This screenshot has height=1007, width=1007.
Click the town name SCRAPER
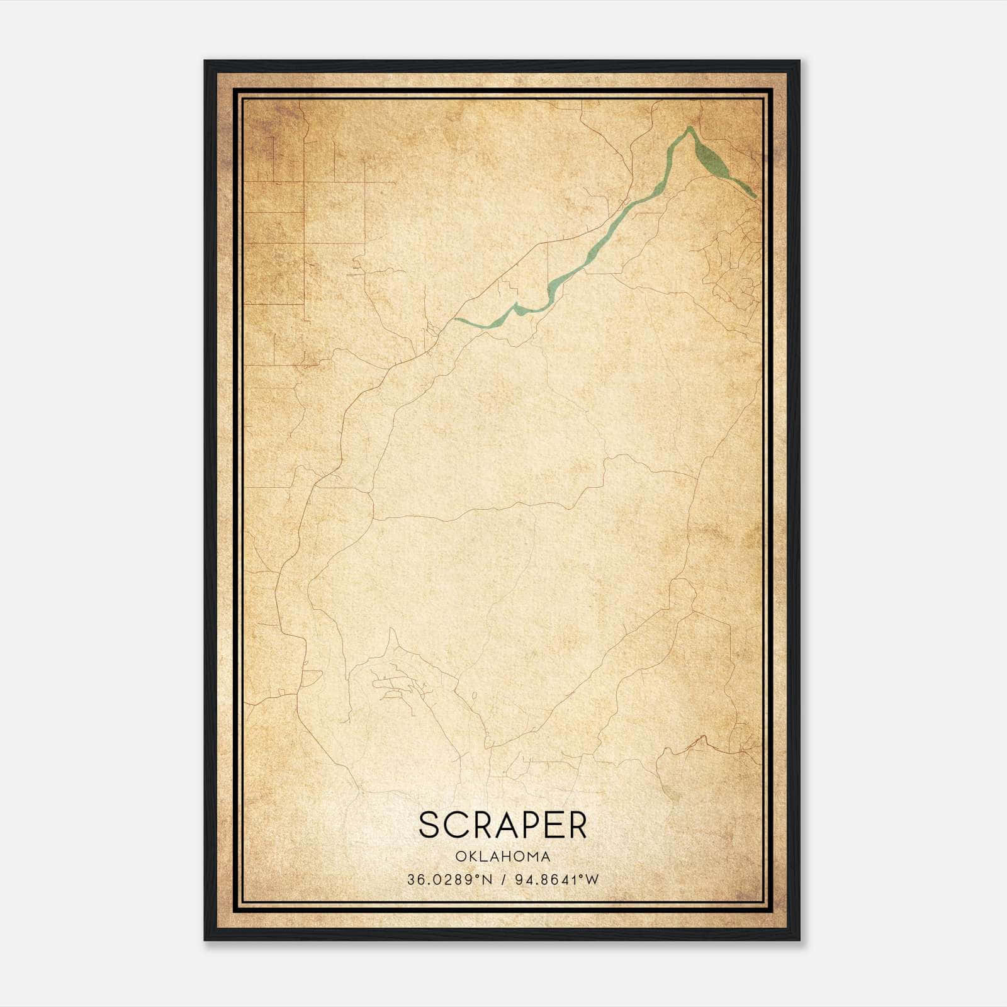click(502, 825)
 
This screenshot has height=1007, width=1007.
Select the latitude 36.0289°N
click(448, 880)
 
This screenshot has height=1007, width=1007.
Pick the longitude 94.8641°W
click(557, 880)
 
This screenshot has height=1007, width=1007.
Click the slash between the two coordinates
click(503, 880)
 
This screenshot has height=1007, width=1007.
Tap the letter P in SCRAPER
click(527, 825)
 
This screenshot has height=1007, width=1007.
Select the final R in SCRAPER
click(577, 825)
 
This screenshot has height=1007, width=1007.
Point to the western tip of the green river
click(457, 320)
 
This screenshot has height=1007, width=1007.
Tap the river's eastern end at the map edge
click(755, 196)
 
